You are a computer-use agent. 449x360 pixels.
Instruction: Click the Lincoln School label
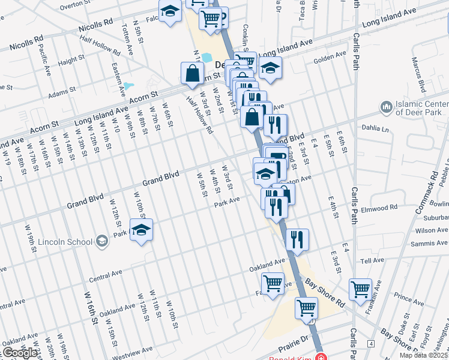(x=65, y=242)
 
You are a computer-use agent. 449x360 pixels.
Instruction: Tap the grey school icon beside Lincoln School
(x=101, y=241)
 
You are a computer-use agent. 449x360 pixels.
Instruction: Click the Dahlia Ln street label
(x=375, y=127)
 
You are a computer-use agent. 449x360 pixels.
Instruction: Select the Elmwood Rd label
(x=384, y=208)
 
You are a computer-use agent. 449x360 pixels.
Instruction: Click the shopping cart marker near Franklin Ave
(x=360, y=290)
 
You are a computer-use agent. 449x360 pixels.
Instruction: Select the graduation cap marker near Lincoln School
(x=142, y=230)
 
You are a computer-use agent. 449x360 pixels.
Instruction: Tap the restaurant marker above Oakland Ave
(x=297, y=239)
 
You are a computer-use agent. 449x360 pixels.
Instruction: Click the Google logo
(x=20, y=352)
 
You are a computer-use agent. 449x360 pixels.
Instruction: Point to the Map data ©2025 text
(x=424, y=355)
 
